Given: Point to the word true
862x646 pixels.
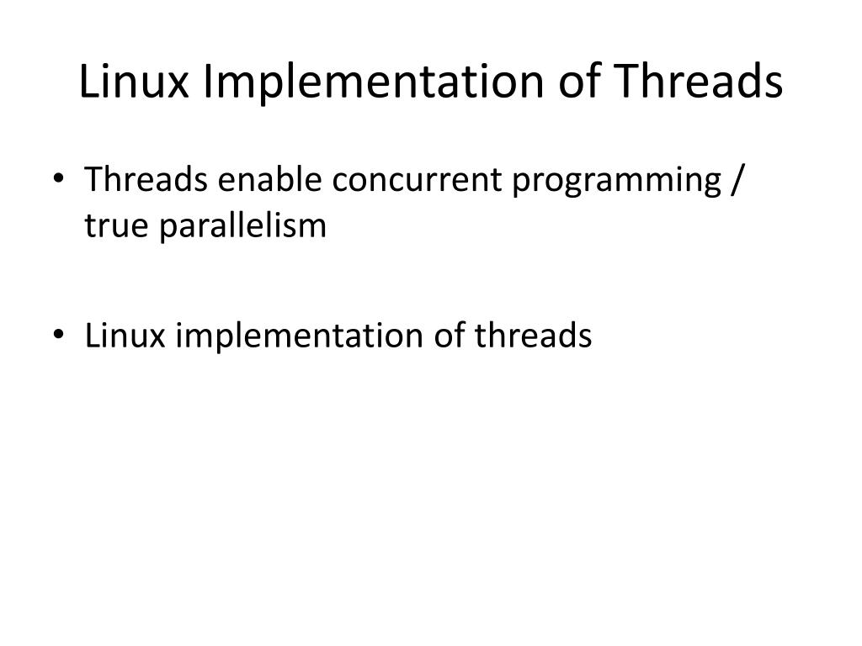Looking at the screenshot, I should click(110, 225).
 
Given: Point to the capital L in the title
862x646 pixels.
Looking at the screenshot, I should click(88, 82).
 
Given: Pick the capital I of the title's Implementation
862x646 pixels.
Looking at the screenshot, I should click(202, 82).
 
